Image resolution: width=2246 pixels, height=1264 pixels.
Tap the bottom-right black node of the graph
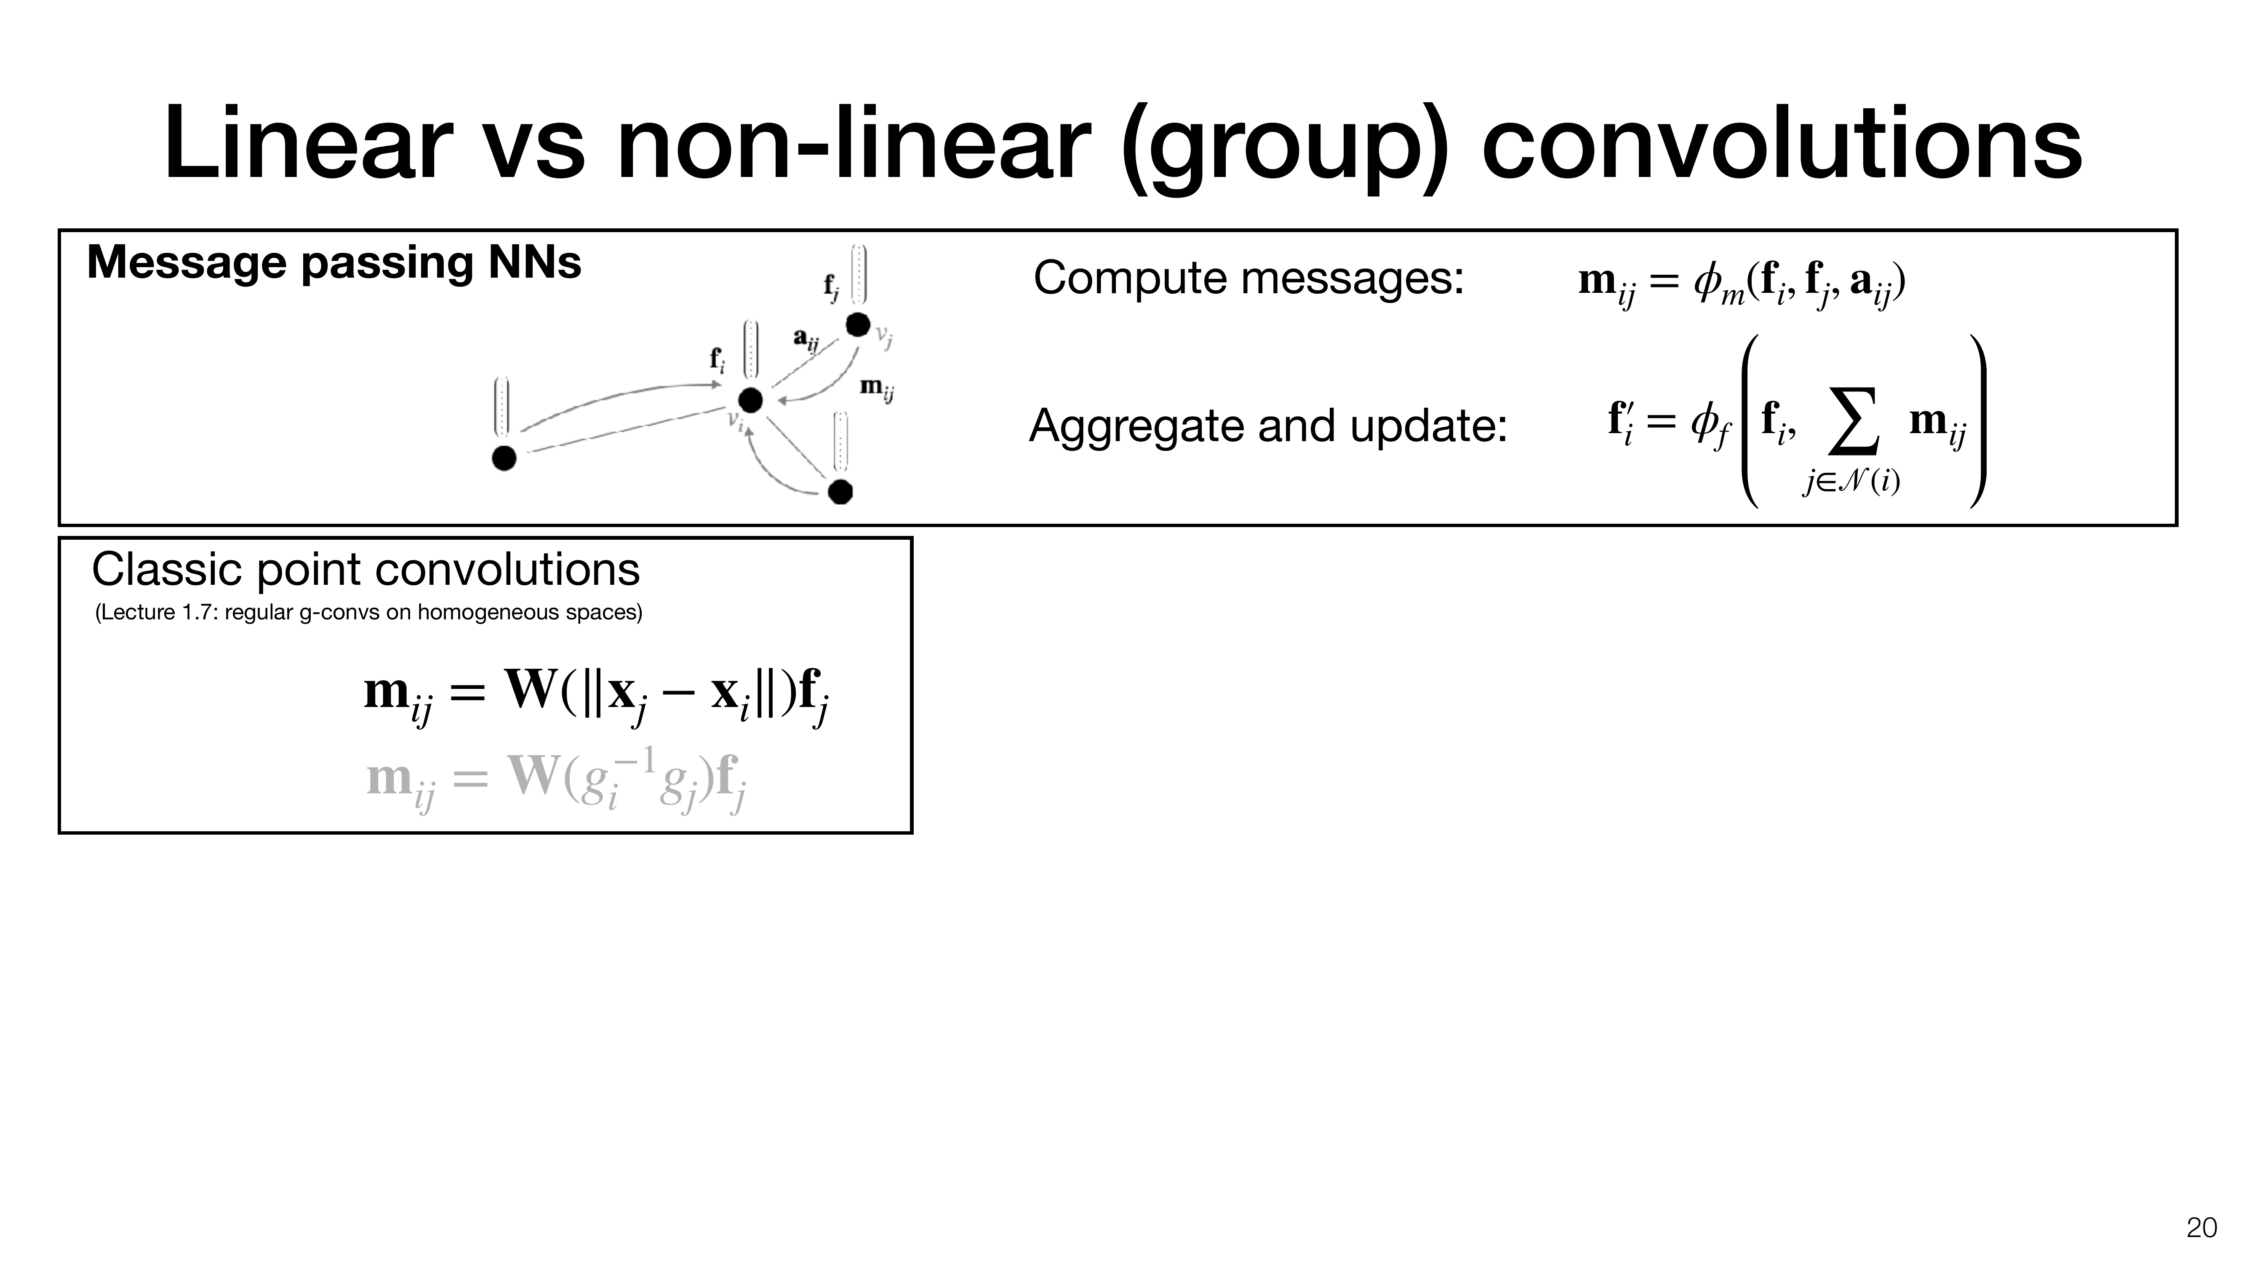840,491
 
